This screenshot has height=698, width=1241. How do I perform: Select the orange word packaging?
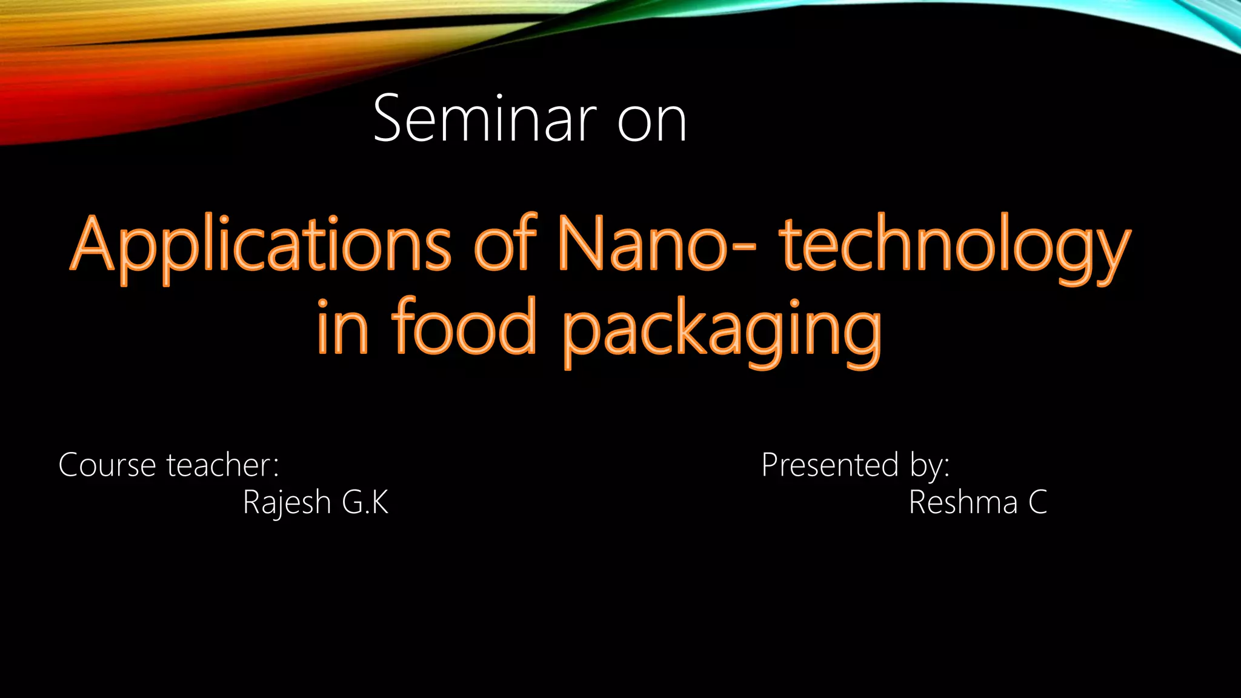(721, 332)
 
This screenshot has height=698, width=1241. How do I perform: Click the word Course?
(107, 465)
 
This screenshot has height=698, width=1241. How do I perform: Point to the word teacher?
(223, 465)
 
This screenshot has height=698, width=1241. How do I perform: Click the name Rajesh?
(286, 503)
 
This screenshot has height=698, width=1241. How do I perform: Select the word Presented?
(830, 465)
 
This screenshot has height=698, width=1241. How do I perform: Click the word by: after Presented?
(930, 467)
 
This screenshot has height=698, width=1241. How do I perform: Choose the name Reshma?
(963, 502)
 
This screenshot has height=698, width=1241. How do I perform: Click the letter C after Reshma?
(1037, 502)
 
